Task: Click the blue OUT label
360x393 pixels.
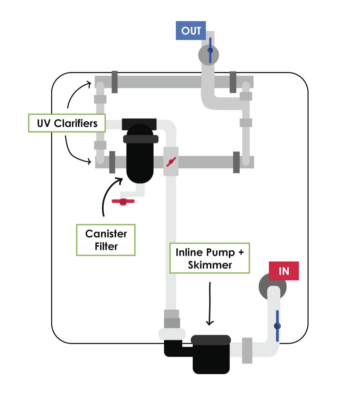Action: (191, 31)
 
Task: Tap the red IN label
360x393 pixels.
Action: (284, 271)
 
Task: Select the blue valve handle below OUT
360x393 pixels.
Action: (210, 50)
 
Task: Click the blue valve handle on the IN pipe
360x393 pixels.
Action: (277, 326)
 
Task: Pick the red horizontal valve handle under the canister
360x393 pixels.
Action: (123, 201)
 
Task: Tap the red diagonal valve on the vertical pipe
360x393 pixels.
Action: (171, 162)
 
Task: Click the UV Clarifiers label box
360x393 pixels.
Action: (67, 123)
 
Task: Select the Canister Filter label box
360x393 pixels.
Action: (106, 240)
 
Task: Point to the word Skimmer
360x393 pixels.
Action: (210, 265)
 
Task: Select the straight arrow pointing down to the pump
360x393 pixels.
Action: (210, 304)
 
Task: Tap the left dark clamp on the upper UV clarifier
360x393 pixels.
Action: (114, 82)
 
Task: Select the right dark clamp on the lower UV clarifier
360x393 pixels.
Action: (236, 162)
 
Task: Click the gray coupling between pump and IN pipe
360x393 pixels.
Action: (247, 350)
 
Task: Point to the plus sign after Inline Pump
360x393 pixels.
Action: (241, 253)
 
